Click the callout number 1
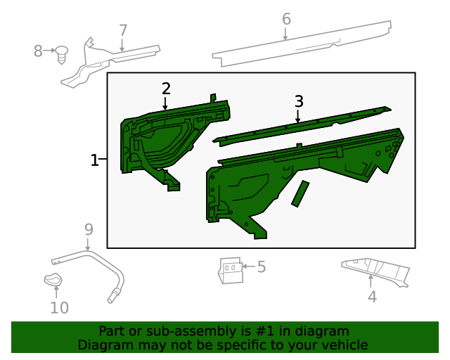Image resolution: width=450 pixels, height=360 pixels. pyautogui.click(x=95, y=160)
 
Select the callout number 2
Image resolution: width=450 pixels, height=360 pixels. pyautogui.click(x=166, y=89)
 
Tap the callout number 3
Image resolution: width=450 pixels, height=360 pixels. pyautogui.click(x=299, y=101)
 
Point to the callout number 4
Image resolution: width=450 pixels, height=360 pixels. pyautogui.click(x=372, y=297)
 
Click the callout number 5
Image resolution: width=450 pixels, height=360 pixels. pyautogui.click(x=261, y=267)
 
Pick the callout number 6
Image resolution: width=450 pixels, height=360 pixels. pyautogui.click(x=286, y=19)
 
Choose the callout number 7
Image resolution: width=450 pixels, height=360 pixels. pyautogui.click(x=123, y=30)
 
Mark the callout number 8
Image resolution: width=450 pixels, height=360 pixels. pyautogui.click(x=39, y=51)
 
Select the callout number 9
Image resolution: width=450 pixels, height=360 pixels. pyautogui.click(x=89, y=229)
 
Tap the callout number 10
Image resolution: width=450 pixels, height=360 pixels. pyautogui.click(x=59, y=308)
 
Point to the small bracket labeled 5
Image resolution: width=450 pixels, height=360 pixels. pyautogui.click(x=230, y=270)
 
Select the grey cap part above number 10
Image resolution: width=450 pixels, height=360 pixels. pyautogui.click(x=53, y=281)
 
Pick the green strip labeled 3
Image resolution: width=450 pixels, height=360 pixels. pyautogui.click(x=302, y=123)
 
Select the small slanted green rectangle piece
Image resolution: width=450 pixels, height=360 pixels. pyautogui.click(x=300, y=193)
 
